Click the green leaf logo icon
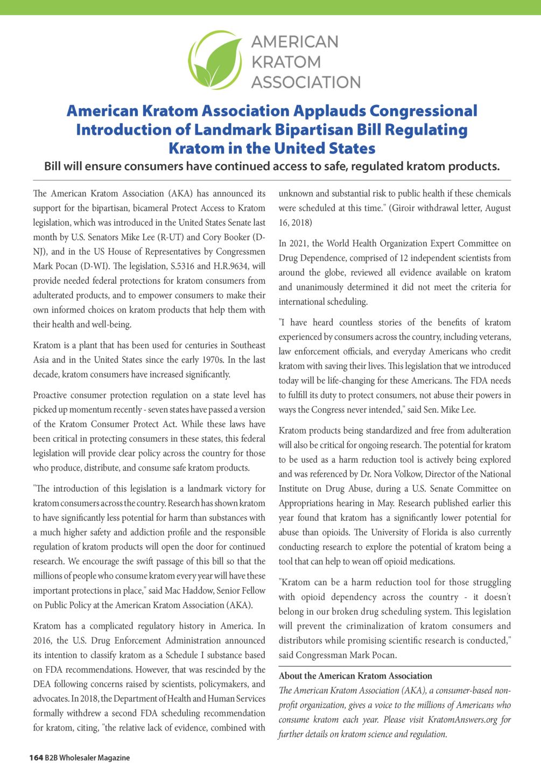[x=215, y=60]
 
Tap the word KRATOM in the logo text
[x=286, y=62]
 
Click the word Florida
[x=437, y=533]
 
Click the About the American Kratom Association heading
[x=355, y=676]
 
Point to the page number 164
[x=36, y=758]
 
